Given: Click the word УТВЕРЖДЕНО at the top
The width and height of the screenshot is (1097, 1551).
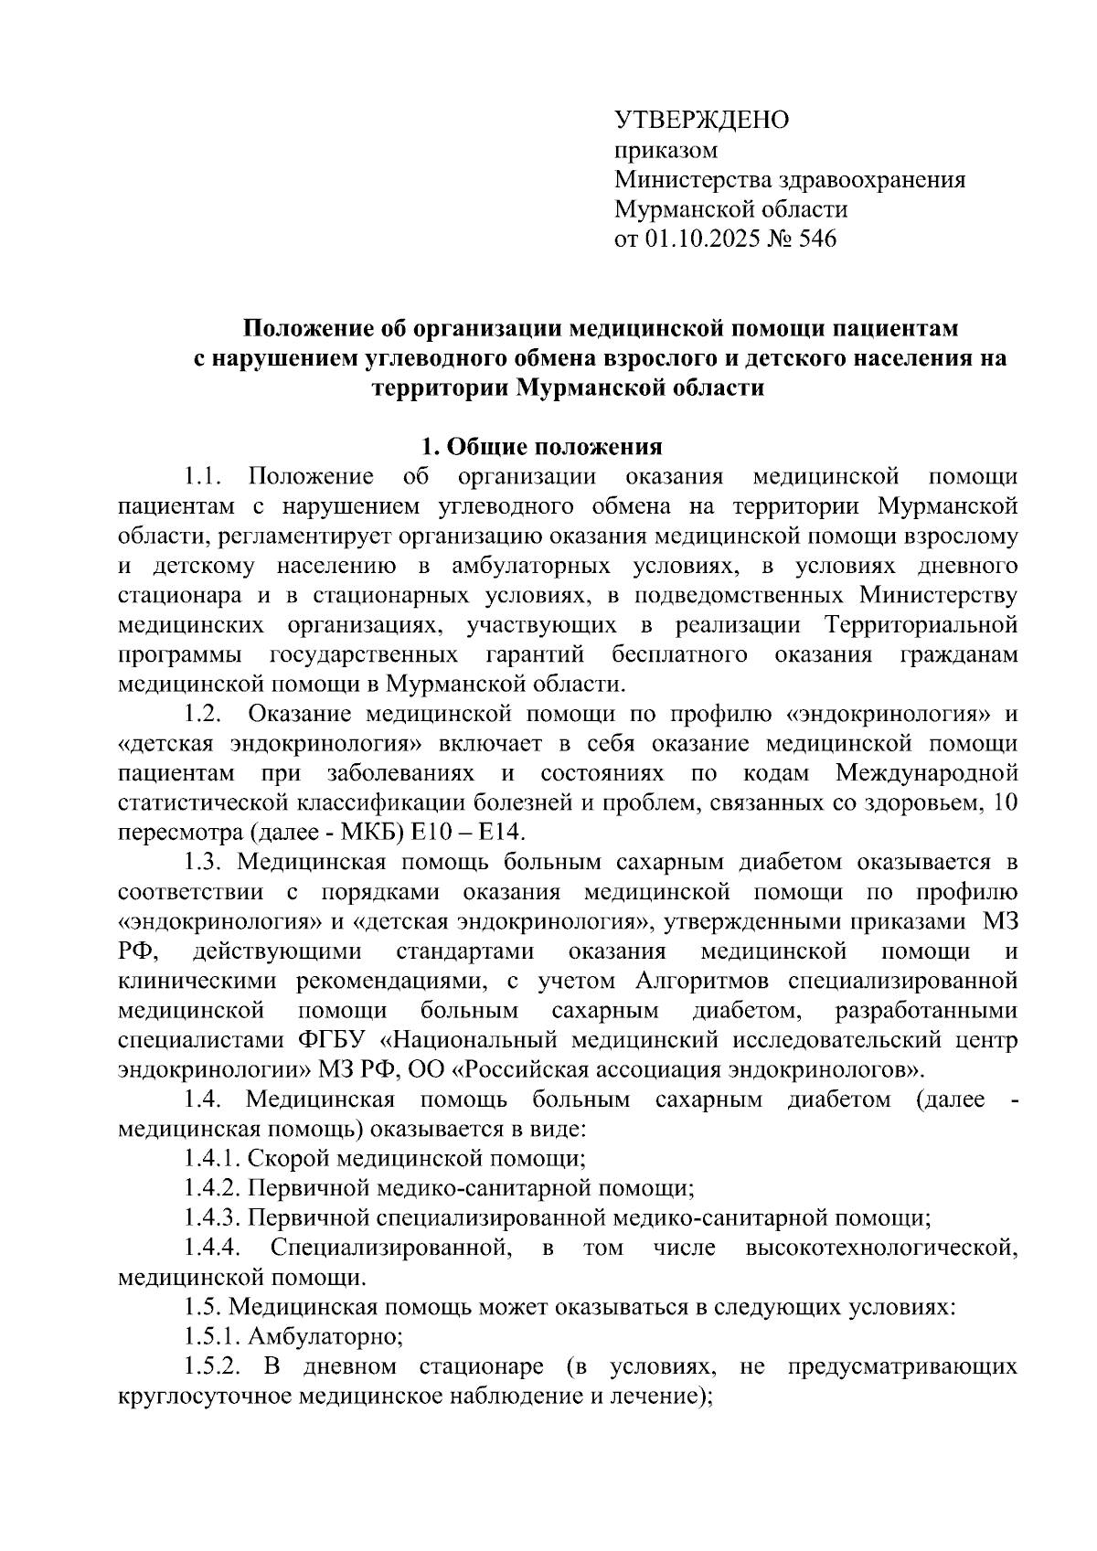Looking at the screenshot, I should tap(701, 120).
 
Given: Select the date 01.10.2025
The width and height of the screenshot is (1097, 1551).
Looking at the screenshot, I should tap(705, 239).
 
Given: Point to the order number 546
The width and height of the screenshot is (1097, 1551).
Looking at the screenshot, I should tap(817, 239).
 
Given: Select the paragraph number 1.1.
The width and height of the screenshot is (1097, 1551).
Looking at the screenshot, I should tap(203, 476).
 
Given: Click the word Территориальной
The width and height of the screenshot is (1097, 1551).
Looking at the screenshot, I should tap(921, 626).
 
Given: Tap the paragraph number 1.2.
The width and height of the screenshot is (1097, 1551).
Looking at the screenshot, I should tap(203, 715).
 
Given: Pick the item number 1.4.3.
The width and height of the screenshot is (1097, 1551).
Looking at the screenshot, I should tap(211, 1218).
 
